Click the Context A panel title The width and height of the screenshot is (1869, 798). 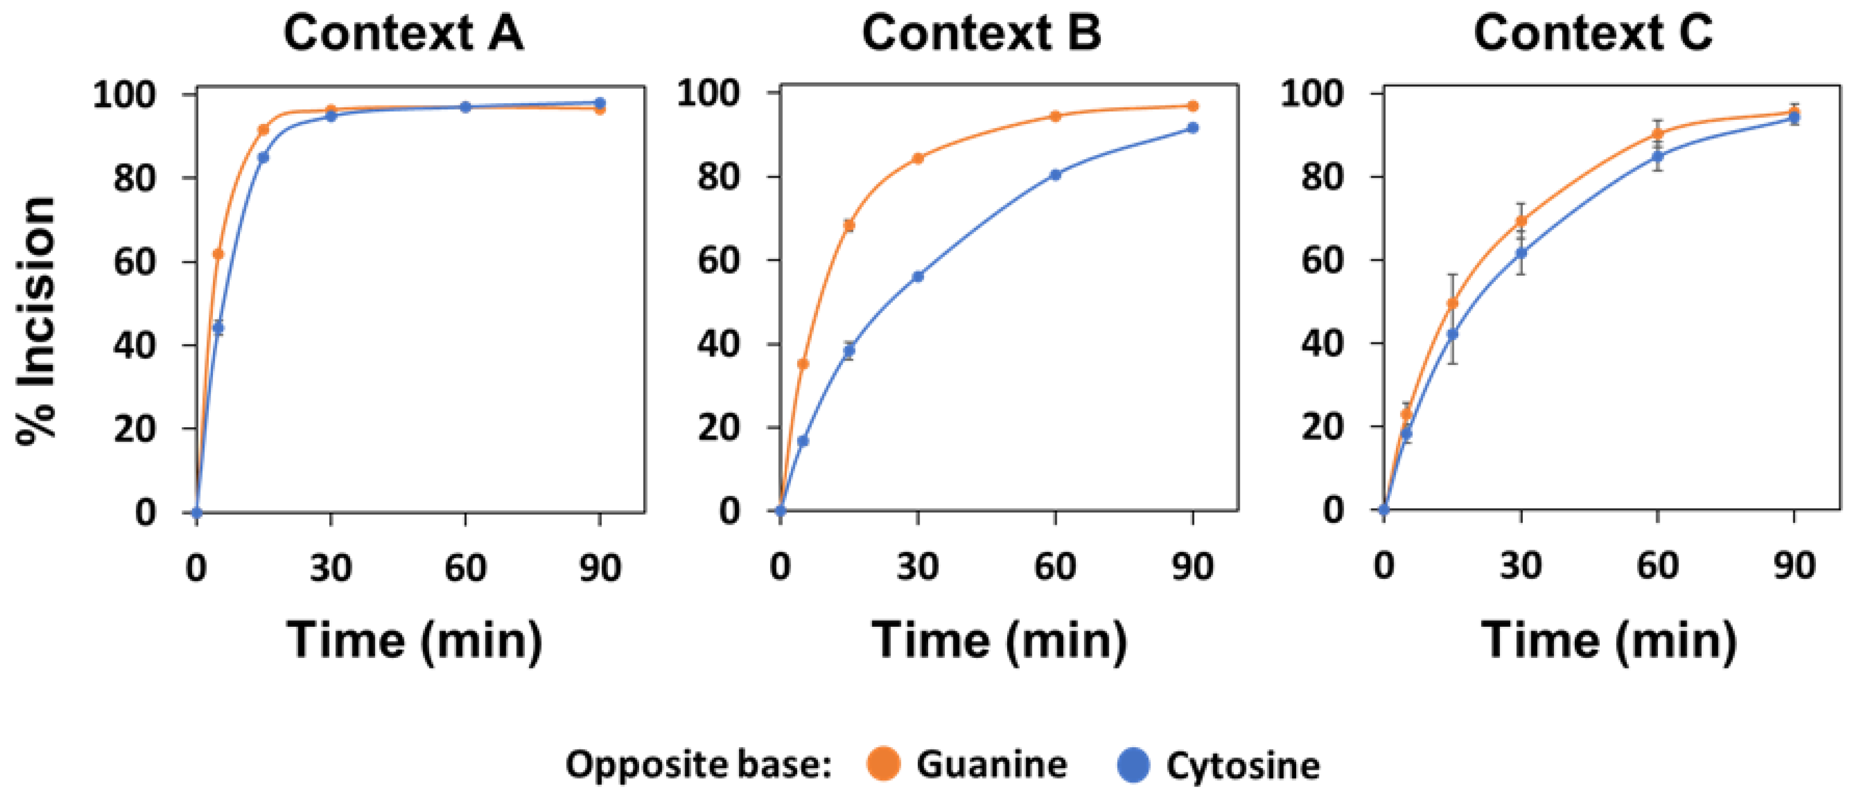[x=403, y=33]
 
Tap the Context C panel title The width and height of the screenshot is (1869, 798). [x=1593, y=33]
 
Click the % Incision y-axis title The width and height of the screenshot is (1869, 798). [x=36, y=319]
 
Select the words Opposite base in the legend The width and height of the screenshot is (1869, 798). [x=698, y=765]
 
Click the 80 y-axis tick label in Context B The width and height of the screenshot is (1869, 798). [x=718, y=176]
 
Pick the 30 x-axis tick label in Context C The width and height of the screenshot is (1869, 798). [x=1521, y=566]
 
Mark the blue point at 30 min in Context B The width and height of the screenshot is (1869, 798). [x=918, y=276]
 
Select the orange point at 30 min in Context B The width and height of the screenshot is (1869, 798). [x=918, y=158]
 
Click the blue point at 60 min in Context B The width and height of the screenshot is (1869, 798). [x=1056, y=175]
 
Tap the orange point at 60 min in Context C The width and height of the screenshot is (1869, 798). [x=1658, y=134]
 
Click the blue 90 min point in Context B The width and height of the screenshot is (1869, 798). [x=1193, y=127]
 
